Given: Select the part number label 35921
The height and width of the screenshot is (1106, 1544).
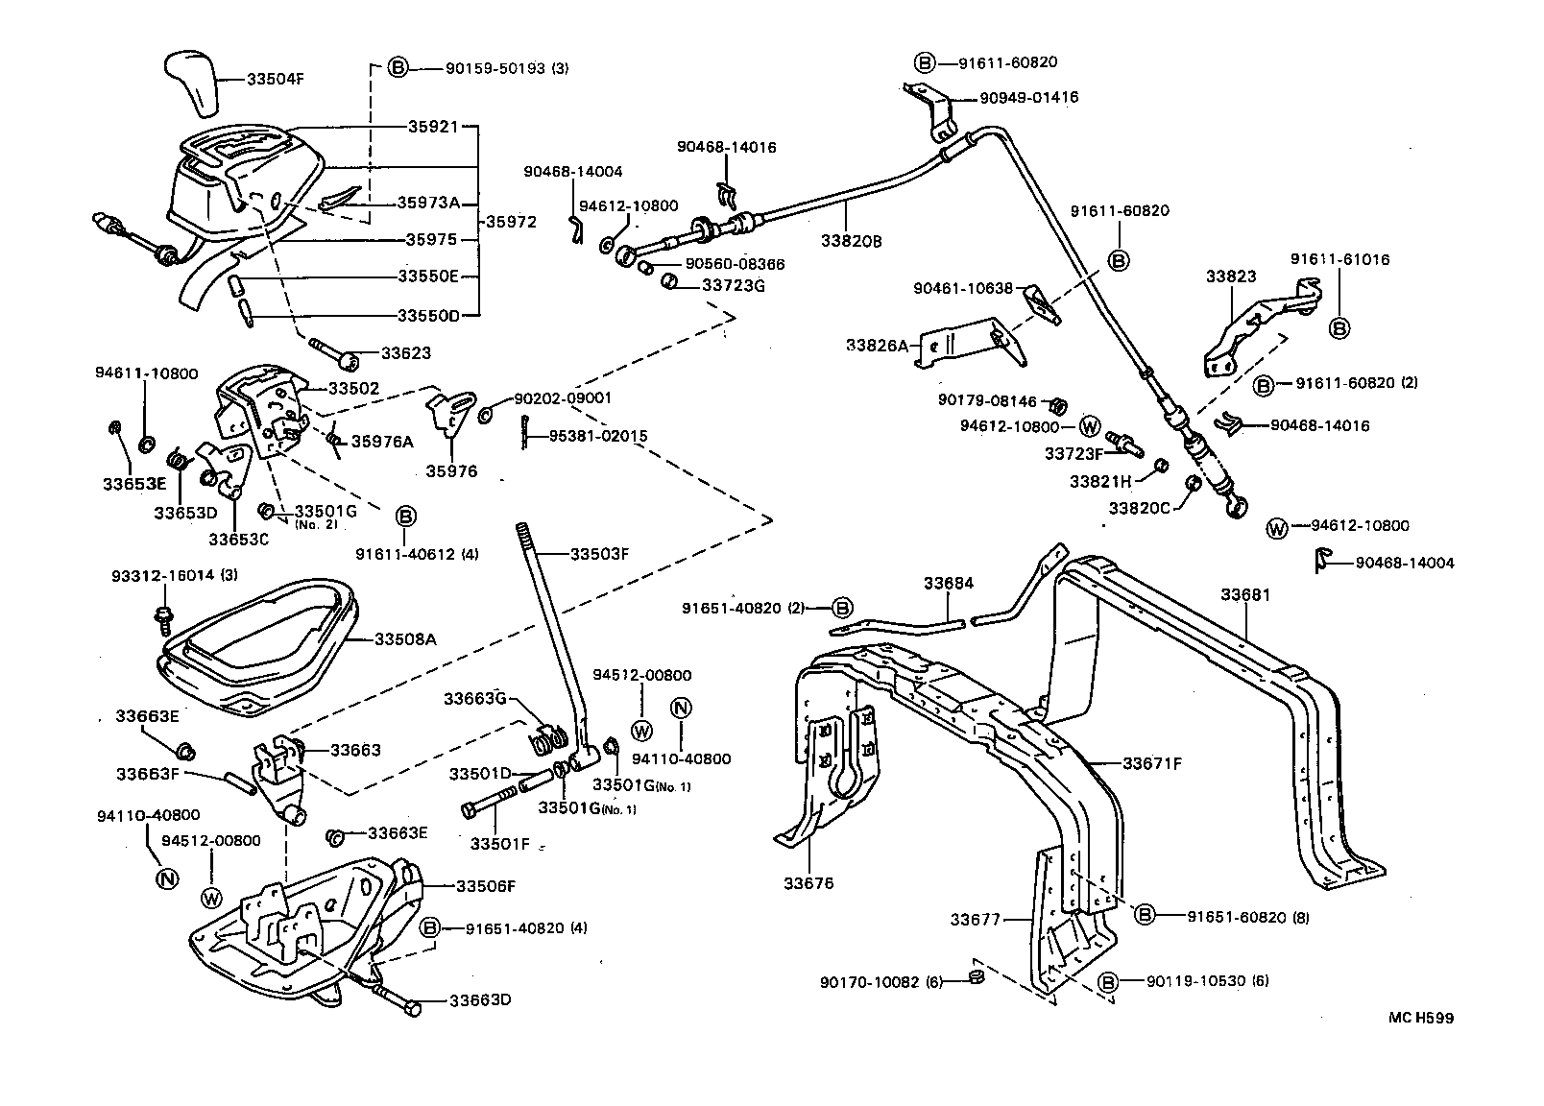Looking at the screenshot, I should pyautogui.click(x=432, y=127).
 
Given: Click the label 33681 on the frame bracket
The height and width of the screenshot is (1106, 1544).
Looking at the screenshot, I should pyautogui.click(x=1245, y=595).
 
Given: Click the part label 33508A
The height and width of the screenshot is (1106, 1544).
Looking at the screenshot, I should pyautogui.click(x=405, y=638).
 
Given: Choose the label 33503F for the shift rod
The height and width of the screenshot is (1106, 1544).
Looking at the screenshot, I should pyautogui.click(x=599, y=554).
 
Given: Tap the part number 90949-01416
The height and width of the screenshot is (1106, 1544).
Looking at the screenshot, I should pyautogui.click(x=1028, y=97).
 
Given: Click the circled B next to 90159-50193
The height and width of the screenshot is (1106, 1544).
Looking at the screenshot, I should pyautogui.click(x=398, y=68).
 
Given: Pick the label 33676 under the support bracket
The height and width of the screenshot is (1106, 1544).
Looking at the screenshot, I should pyautogui.click(x=809, y=883).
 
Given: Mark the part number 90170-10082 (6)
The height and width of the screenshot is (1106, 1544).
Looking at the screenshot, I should pyautogui.click(x=881, y=982).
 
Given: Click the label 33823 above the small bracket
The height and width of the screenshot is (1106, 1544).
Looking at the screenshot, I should pyautogui.click(x=1231, y=276).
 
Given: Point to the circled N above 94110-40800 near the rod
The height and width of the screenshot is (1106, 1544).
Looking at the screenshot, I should pyautogui.click(x=681, y=709).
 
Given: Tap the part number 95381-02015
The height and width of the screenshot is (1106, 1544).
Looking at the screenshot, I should pyautogui.click(x=598, y=436).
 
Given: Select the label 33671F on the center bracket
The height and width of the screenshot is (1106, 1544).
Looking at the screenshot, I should pyautogui.click(x=1152, y=764).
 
